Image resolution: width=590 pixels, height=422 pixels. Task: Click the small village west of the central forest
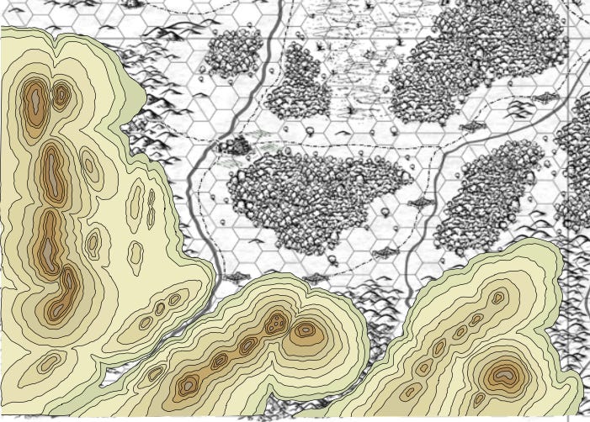click(x=237, y=145)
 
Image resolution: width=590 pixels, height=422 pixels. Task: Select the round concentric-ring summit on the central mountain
click(x=306, y=330)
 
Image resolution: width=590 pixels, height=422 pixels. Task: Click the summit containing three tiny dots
click(x=275, y=322)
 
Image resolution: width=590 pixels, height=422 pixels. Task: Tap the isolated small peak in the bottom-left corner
click(x=50, y=362)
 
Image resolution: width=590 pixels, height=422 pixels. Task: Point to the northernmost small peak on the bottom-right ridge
click(x=498, y=298)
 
